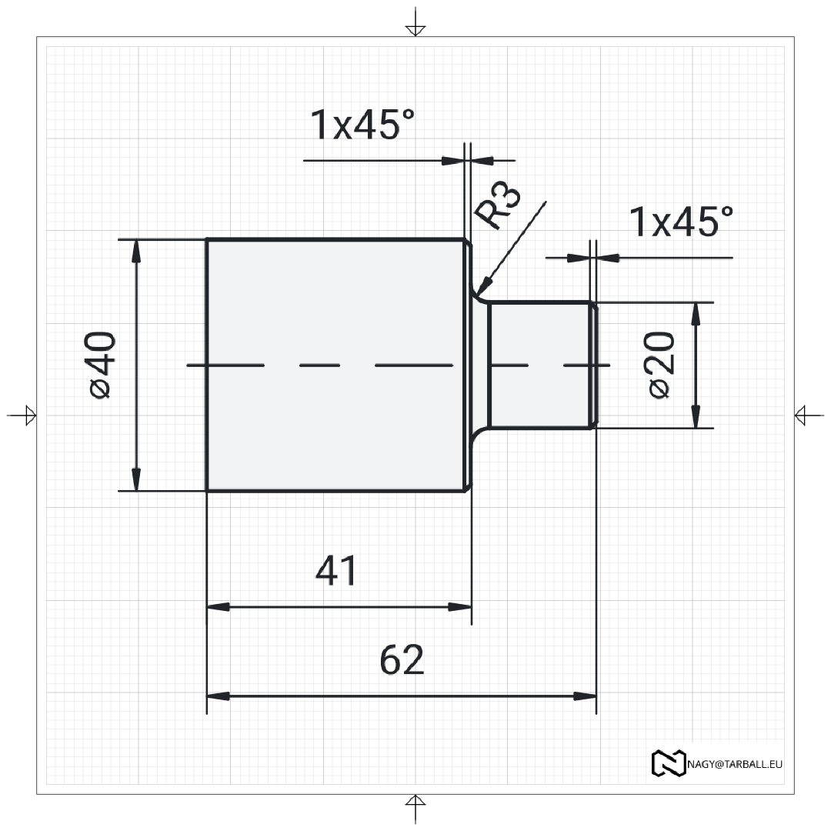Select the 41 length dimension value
(x=336, y=571)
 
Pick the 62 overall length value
(x=402, y=660)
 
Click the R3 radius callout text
(x=497, y=205)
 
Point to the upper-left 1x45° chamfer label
(x=362, y=125)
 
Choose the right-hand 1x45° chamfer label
(x=681, y=222)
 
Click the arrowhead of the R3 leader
(x=482, y=286)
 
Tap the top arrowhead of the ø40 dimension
(x=136, y=251)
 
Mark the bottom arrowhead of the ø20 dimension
(x=696, y=416)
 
